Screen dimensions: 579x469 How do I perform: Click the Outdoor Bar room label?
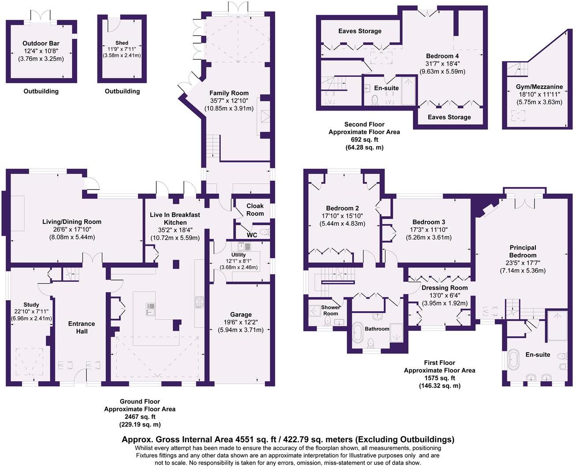click(41, 43)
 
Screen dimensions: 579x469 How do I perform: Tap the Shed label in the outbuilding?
click(122, 43)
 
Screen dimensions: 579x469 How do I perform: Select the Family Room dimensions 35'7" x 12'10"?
click(229, 100)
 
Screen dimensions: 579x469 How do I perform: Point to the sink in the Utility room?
click(244, 246)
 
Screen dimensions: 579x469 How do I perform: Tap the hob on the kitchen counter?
click(200, 302)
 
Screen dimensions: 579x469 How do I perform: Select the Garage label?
click(241, 315)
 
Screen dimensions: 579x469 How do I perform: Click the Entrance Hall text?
click(82, 328)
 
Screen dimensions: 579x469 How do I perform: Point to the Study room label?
click(31, 305)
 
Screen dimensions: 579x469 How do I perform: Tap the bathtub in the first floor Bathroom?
click(357, 332)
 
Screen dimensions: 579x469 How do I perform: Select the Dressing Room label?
click(445, 288)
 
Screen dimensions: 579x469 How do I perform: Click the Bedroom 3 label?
click(429, 222)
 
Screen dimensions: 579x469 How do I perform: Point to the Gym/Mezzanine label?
click(539, 87)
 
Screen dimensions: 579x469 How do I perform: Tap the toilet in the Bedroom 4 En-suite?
click(375, 100)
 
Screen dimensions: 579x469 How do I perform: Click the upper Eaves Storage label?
click(360, 31)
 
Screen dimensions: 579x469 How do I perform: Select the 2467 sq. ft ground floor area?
click(140, 417)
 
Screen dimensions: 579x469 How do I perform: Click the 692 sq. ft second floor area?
click(364, 140)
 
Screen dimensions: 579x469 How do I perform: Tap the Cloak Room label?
click(255, 210)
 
